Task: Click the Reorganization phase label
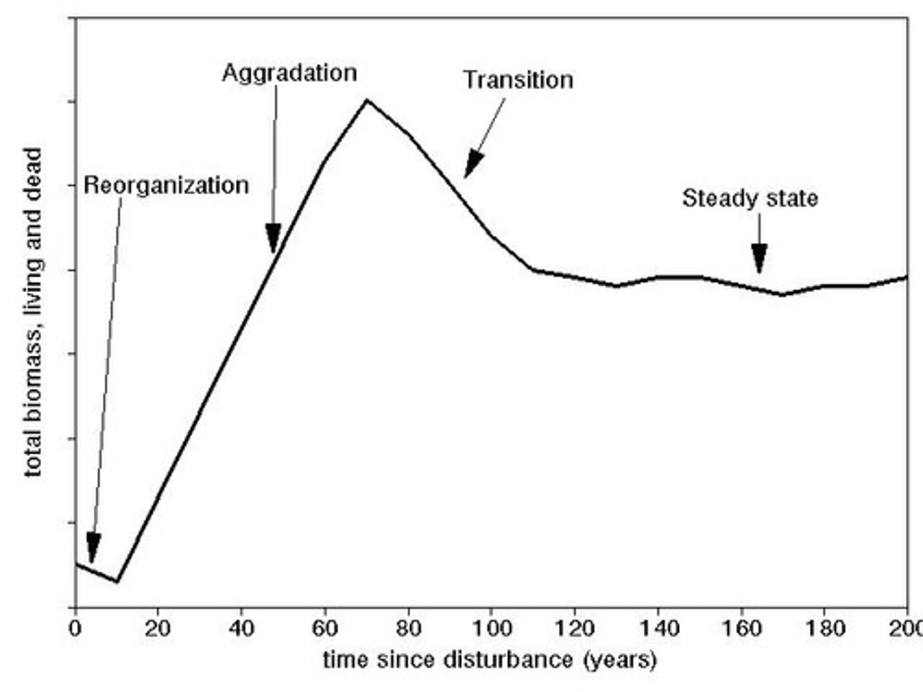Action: click(166, 186)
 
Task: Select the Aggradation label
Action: click(289, 73)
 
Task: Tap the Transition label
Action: click(518, 80)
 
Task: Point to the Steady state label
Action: click(749, 198)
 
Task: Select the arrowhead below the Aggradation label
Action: click(274, 238)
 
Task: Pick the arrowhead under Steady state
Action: click(760, 258)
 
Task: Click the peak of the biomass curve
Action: click(367, 100)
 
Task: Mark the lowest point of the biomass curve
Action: click(117, 581)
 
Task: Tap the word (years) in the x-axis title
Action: click(619, 659)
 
